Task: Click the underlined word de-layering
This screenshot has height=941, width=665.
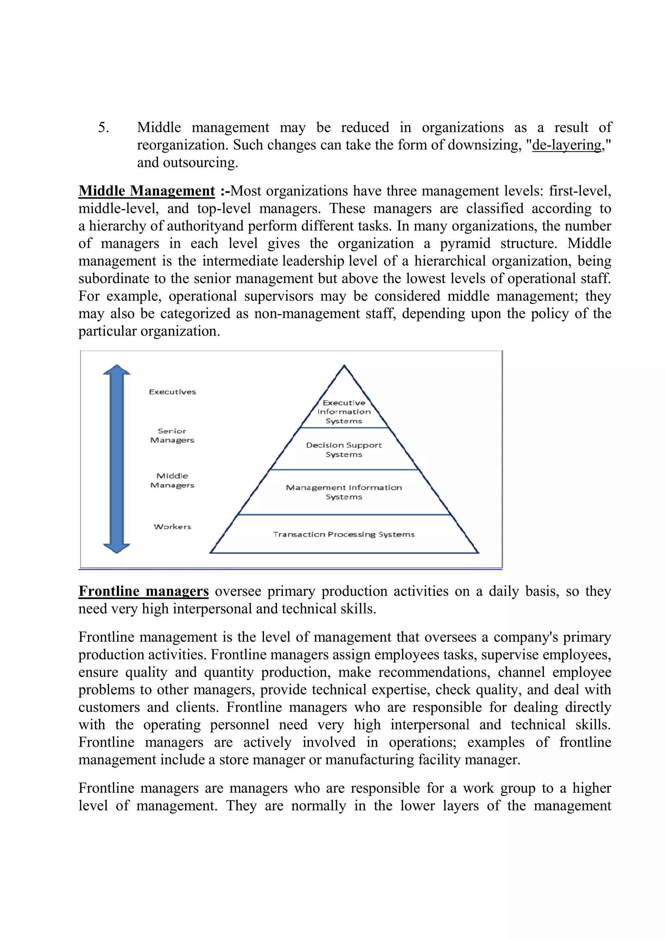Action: (566, 146)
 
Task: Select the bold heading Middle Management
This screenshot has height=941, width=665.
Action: (146, 191)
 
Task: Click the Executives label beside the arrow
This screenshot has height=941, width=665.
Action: (172, 392)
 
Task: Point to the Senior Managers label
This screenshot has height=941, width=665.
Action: (172, 436)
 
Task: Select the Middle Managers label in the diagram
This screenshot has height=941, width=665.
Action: (172, 480)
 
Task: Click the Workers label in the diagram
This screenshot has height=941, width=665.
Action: (172, 527)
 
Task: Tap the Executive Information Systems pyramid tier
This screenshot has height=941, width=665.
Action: (344, 412)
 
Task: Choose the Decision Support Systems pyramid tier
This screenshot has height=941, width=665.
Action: (344, 450)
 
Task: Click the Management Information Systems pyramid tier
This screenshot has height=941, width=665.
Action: (344, 492)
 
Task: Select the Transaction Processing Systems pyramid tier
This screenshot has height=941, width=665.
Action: (344, 535)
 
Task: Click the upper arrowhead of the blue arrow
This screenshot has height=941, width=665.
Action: (117, 370)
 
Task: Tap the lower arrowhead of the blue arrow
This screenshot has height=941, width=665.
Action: (117, 548)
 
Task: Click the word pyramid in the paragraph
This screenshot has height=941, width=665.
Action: (465, 243)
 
